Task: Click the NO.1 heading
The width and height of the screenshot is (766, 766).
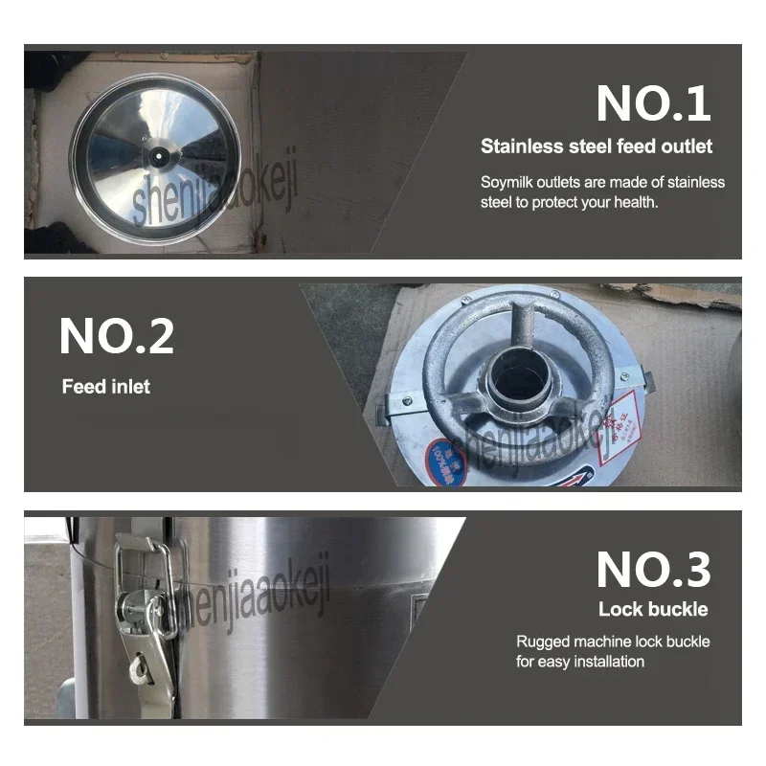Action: click(x=654, y=103)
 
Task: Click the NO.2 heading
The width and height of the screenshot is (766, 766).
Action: click(x=117, y=336)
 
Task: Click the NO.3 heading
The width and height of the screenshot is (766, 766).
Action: click(x=654, y=570)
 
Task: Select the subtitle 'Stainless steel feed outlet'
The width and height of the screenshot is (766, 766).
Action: click(x=597, y=146)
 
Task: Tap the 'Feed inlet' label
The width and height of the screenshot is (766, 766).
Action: click(x=106, y=387)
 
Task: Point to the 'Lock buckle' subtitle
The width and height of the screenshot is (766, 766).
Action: click(x=654, y=609)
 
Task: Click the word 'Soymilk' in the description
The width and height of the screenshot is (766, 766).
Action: click(x=506, y=182)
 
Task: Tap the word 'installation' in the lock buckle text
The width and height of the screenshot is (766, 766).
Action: click(x=605, y=662)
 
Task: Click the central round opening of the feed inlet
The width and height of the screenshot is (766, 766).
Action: click(x=514, y=378)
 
